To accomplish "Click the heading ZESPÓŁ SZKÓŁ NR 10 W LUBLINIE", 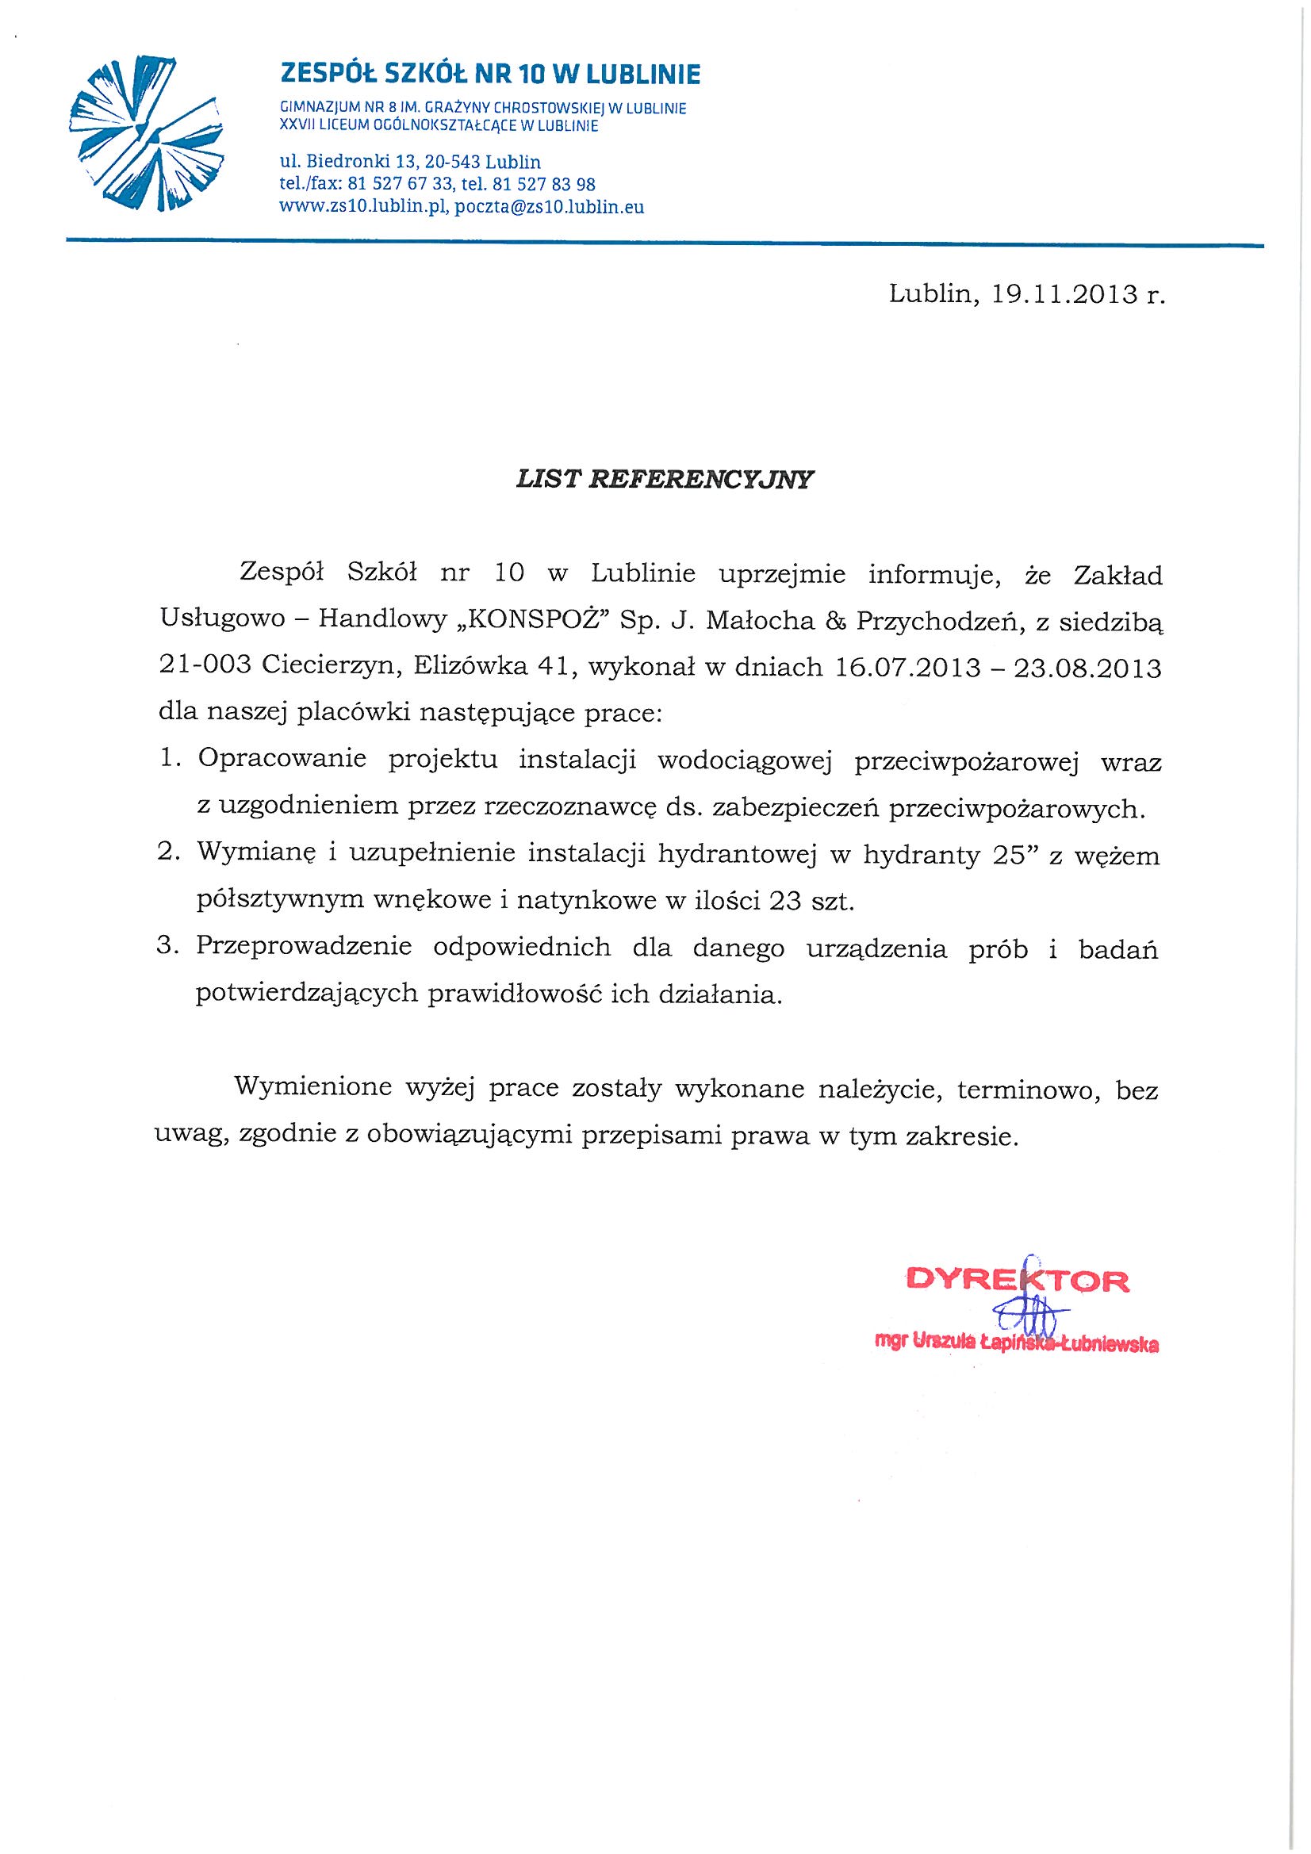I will tap(489, 75).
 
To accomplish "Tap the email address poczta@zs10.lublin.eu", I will tap(550, 207).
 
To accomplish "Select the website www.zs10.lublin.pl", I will tap(363, 207).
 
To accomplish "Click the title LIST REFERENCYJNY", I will tap(665, 480).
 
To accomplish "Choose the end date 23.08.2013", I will tap(1087, 668).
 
